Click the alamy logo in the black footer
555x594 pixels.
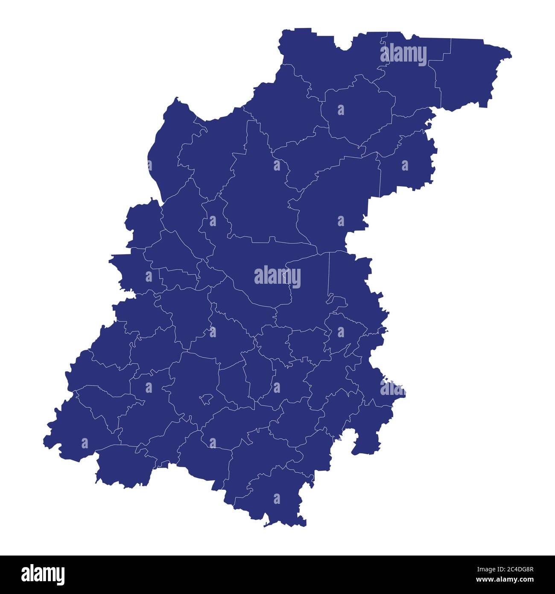pos(43,574)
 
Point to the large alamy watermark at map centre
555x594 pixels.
pos(277,276)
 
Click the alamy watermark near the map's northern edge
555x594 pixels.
pos(403,55)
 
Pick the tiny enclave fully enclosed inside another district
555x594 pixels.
pos(206,399)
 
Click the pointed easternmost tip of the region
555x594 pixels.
pos(511,55)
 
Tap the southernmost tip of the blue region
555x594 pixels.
pos(266,525)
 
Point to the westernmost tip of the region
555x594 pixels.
pos(44,440)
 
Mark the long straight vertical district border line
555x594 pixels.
pos(329,273)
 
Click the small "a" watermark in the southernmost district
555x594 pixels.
pos(277,499)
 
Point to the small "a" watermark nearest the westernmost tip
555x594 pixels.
pos(84,443)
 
